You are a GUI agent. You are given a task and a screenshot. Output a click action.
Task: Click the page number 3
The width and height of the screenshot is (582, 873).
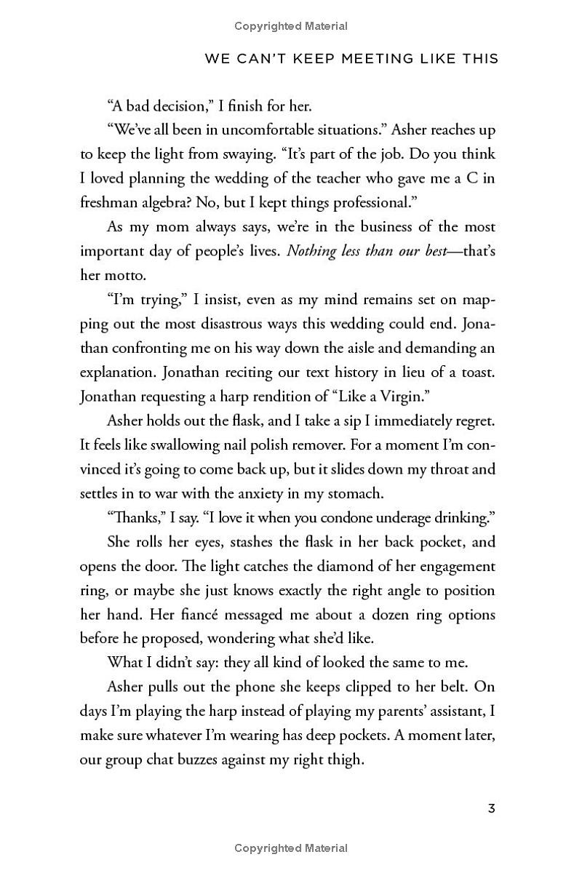coord(492,808)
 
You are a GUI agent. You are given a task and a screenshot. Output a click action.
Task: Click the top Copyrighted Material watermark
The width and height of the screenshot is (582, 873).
coord(291,26)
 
